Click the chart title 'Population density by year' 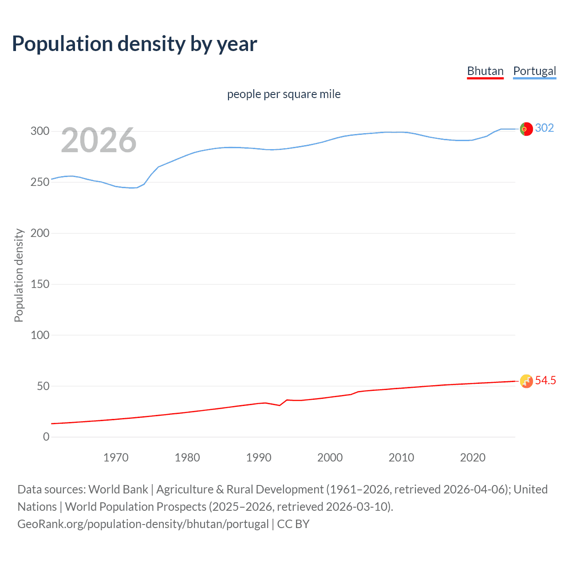point(134,44)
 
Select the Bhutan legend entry point(485,71)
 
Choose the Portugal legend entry point(534,71)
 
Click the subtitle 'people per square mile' point(284,94)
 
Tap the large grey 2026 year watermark point(99,141)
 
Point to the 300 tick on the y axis point(39,131)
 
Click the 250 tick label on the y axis point(39,182)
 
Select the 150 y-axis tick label point(39,284)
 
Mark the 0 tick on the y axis point(46,437)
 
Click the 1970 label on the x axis point(116,458)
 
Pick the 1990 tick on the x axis point(259,458)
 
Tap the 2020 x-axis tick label point(473,458)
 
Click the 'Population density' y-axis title point(19,275)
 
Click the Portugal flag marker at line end point(526,129)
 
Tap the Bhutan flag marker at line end point(526,381)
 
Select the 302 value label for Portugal point(544,128)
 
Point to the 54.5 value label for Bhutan point(545,380)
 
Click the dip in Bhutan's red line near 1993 point(280,405)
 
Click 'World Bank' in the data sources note point(118,489)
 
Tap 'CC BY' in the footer point(293,524)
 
